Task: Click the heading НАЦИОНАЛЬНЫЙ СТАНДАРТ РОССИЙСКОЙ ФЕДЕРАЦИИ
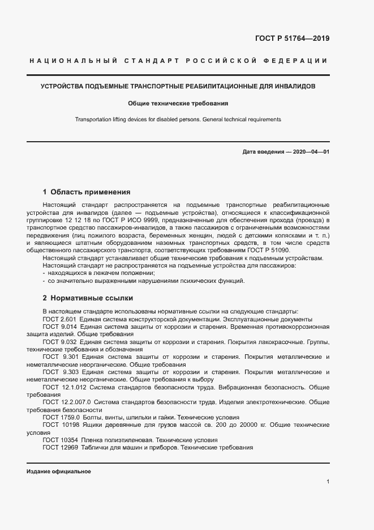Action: click(177, 61)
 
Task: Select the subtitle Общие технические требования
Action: click(178, 104)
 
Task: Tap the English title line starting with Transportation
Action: click(178, 120)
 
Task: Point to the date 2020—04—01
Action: click(311, 152)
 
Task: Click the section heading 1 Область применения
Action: click(87, 192)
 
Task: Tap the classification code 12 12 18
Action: click(87, 219)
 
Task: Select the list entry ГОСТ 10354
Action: click(60, 440)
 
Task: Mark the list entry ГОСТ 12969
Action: click(60, 447)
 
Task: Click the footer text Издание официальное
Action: click(59, 471)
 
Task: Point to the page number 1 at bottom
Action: click(328, 482)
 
